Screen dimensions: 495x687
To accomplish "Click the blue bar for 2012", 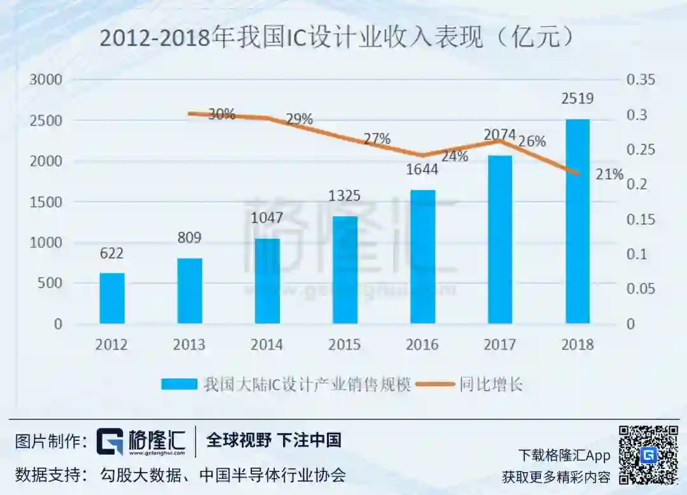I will click(x=112, y=298).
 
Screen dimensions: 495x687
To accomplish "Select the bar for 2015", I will click(x=345, y=270).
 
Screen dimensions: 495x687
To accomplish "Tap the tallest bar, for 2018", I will click(x=578, y=221).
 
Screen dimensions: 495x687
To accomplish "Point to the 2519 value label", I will click(x=578, y=99).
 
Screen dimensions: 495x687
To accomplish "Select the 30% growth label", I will click(x=221, y=115).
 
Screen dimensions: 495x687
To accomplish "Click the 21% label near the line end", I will click(x=609, y=174).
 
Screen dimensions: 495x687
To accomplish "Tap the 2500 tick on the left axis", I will click(x=46, y=121).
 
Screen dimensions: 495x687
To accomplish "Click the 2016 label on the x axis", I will click(x=422, y=345).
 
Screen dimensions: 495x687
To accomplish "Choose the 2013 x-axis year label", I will click(x=190, y=345).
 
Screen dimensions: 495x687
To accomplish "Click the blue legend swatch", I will click(x=180, y=384).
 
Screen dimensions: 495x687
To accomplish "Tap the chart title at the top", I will click(x=337, y=39).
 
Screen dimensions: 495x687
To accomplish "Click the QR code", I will click(x=648, y=455).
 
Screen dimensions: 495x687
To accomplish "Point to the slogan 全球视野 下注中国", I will click(x=274, y=440).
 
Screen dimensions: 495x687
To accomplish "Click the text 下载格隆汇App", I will click(x=564, y=456).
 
